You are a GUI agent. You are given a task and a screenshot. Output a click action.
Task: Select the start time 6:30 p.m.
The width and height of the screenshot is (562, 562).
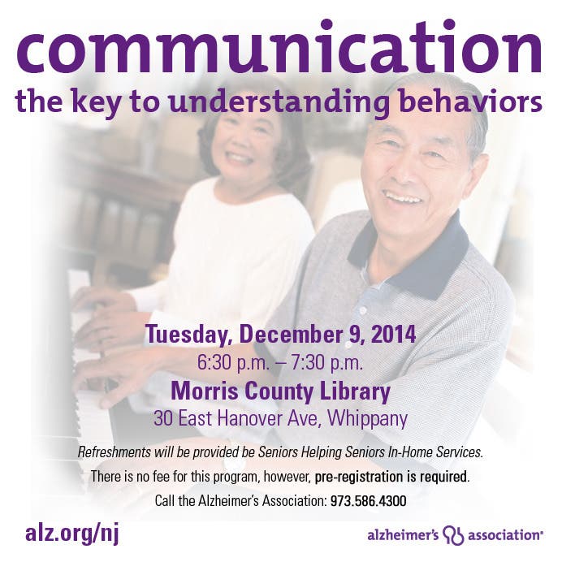[233, 364]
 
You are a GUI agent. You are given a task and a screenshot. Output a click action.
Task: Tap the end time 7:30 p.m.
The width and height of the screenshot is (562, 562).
[327, 364]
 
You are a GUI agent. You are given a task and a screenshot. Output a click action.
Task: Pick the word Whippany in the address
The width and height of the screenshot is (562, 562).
[367, 419]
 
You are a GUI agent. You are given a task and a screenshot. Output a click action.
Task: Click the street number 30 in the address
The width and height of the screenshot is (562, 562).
[163, 418]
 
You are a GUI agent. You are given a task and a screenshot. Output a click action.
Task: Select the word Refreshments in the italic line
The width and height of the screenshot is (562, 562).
[114, 452]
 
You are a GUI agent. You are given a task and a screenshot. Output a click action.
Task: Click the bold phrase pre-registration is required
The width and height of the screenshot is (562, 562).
[391, 477]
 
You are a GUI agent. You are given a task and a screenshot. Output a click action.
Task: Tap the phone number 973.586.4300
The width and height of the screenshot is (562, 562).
[369, 501]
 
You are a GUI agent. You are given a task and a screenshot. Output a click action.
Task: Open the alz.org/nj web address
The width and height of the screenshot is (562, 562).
[71, 534]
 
